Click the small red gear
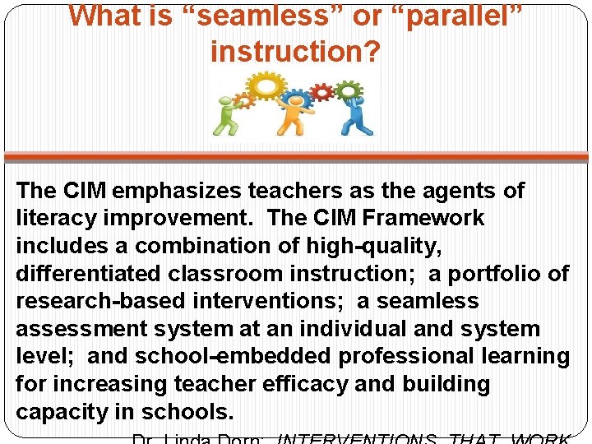click(x=322, y=92)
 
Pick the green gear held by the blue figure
click(x=349, y=89)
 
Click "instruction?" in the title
click(x=295, y=52)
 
